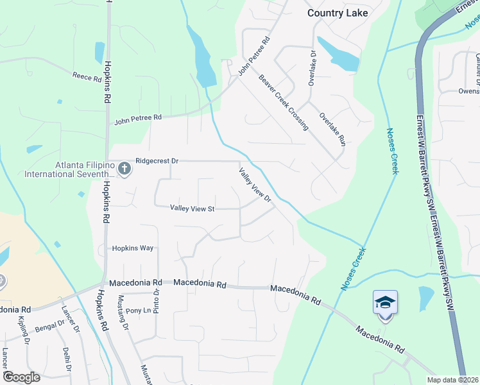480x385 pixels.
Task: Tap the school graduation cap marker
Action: tap(385, 302)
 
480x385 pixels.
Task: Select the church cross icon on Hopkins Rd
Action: tap(124, 169)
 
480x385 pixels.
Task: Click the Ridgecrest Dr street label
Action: tap(157, 161)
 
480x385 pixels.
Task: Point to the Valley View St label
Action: tap(192, 208)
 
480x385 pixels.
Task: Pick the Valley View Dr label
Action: tap(255, 185)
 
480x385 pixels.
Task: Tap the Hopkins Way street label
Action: tap(134, 248)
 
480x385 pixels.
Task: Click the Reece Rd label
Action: tap(87, 78)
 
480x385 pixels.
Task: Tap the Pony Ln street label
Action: tap(138, 311)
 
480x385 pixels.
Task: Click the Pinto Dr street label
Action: tap(156, 300)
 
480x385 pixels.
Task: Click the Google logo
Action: tap(21, 377)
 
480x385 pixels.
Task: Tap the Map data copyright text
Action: tap(451, 380)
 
